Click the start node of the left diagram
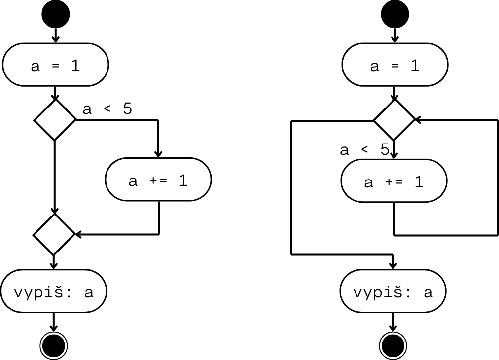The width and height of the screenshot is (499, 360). (x=55, y=14)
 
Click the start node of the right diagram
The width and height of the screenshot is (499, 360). (x=394, y=14)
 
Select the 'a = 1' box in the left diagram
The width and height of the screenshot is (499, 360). (x=55, y=66)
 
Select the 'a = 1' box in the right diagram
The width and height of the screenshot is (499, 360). (x=394, y=66)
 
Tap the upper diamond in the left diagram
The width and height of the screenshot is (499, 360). (x=55, y=119)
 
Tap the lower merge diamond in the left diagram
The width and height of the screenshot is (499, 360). (x=54, y=234)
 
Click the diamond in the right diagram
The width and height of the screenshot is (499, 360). (x=394, y=120)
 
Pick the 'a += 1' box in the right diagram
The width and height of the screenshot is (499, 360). (x=394, y=182)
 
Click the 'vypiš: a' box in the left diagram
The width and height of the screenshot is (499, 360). (x=54, y=292)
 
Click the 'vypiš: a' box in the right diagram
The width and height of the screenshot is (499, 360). (x=393, y=292)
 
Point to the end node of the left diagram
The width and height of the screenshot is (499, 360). (x=54, y=344)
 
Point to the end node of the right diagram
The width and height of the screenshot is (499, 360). (x=393, y=344)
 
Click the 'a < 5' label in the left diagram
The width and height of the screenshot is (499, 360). (x=107, y=109)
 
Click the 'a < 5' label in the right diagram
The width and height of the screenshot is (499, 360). (x=364, y=149)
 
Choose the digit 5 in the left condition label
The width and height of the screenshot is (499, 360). (x=128, y=109)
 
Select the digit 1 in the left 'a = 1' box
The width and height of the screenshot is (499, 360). (x=75, y=66)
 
